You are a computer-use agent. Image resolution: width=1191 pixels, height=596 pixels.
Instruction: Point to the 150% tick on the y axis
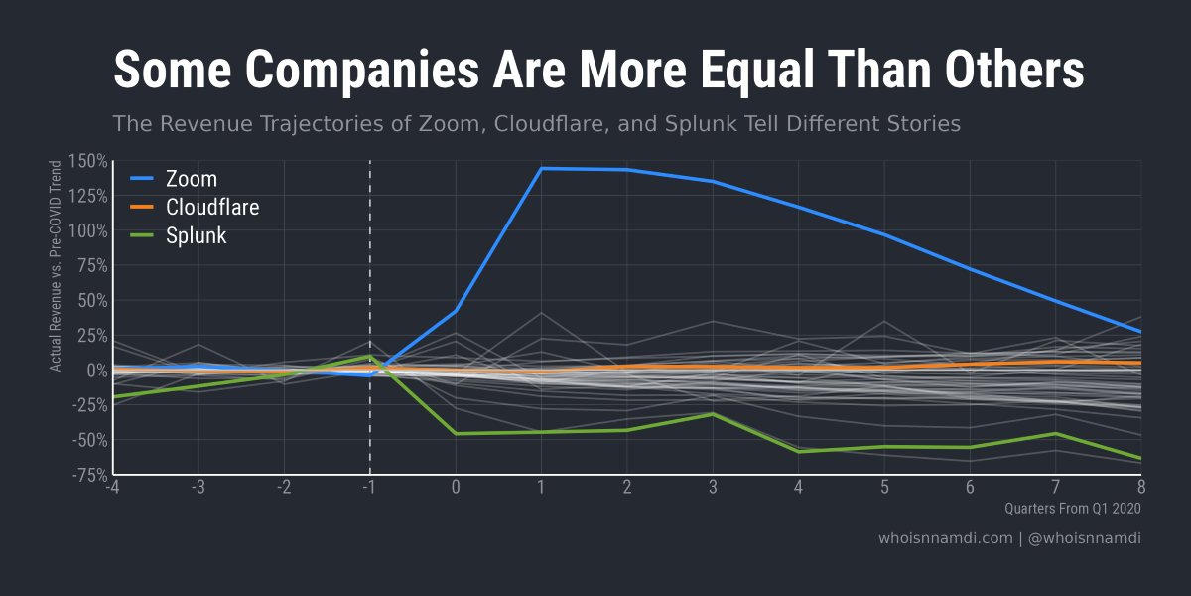[88, 161]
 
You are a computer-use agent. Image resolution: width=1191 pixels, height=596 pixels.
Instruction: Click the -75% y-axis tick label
[88, 474]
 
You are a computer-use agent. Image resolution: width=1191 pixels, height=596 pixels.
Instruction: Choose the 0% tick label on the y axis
[95, 371]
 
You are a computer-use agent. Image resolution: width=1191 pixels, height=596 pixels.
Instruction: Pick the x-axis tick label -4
[112, 488]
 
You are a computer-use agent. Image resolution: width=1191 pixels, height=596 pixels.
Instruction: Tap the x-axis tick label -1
[369, 488]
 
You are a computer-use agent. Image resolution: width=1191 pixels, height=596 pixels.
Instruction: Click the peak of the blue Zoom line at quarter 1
[541, 169]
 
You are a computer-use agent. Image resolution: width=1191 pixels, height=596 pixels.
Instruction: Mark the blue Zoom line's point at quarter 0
[456, 311]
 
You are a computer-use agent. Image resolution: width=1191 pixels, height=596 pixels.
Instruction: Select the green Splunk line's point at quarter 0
[456, 433]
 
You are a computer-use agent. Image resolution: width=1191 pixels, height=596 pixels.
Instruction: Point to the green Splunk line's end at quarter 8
[1140, 458]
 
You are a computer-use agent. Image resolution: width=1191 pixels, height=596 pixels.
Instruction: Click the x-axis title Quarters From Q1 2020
[1072, 509]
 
